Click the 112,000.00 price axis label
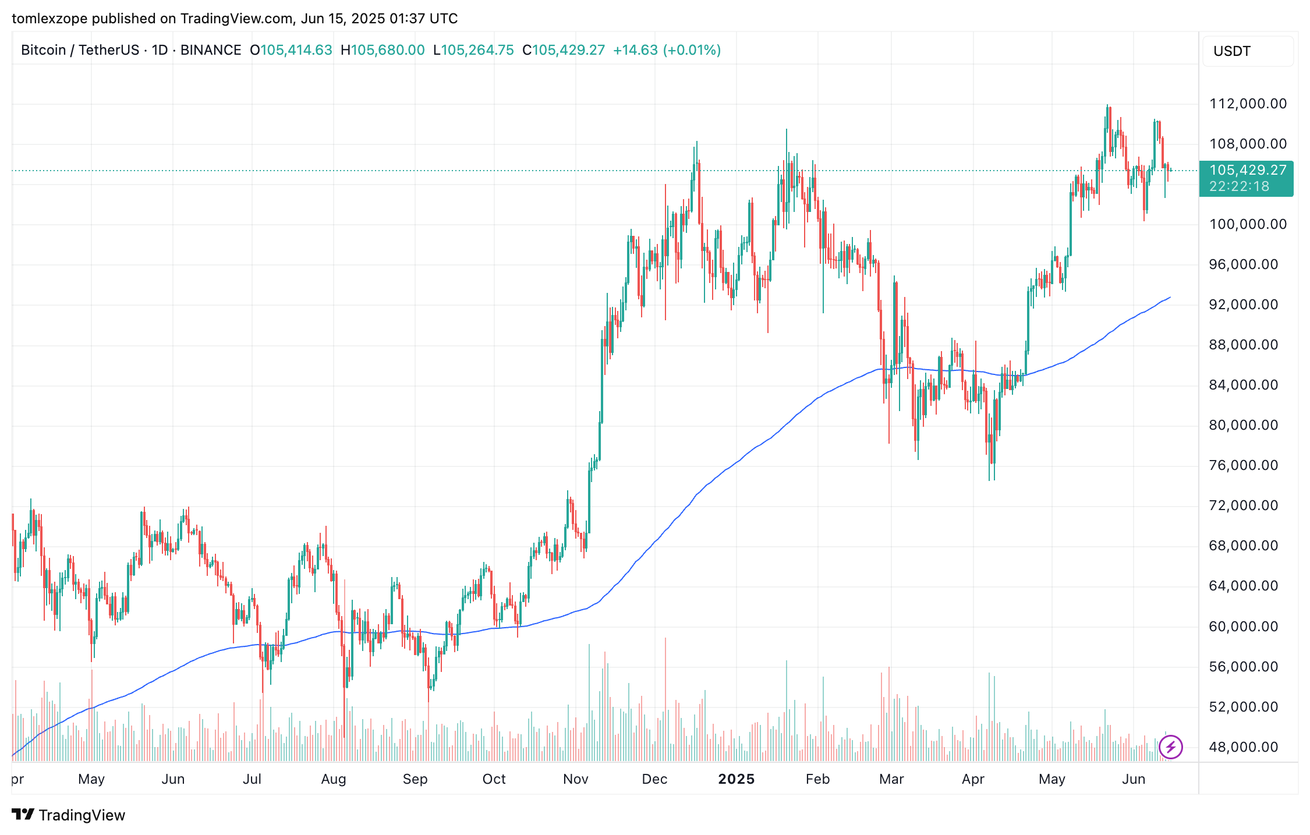pyautogui.click(x=1248, y=104)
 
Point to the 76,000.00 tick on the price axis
pyautogui.click(x=1244, y=465)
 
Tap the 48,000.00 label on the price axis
pyautogui.click(x=1244, y=746)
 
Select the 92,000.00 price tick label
pyautogui.click(x=1244, y=305)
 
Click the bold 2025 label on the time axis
pyautogui.click(x=736, y=779)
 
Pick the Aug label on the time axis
pyautogui.click(x=334, y=779)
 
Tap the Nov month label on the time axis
pyautogui.click(x=576, y=779)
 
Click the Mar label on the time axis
pyautogui.click(x=891, y=779)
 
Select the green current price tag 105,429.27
pyautogui.click(x=1248, y=170)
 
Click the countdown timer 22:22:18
pyautogui.click(x=1239, y=186)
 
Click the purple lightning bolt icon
pyautogui.click(x=1170, y=746)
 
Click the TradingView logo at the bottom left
pyautogui.click(x=69, y=815)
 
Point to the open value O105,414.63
pyautogui.click(x=291, y=50)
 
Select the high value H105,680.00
pyautogui.click(x=383, y=50)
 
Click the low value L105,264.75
pyautogui.click(x=473, y=50)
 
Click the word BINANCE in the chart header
pyautogui.click(x=211, y=50)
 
